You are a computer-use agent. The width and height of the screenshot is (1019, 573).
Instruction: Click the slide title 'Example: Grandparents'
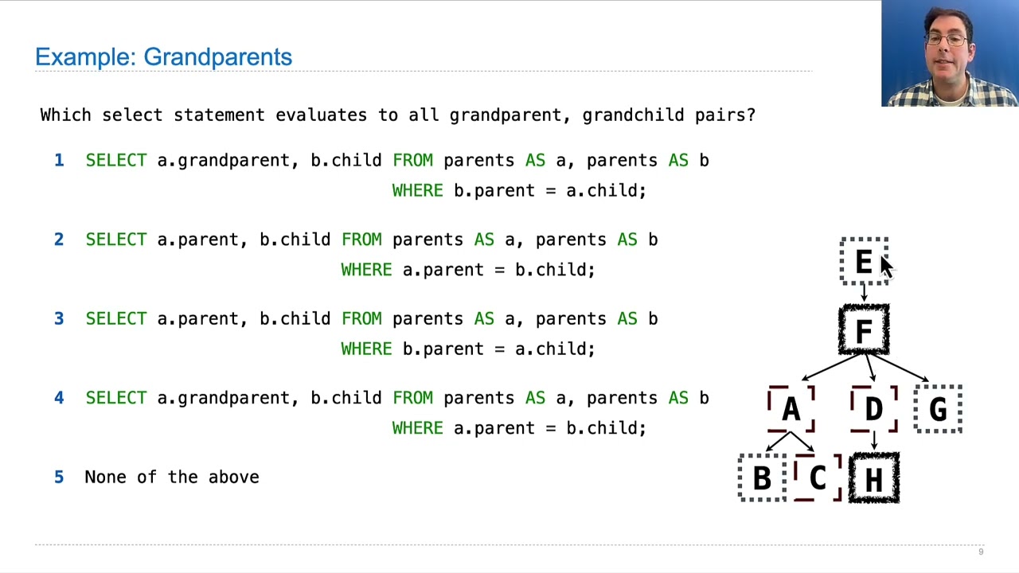[x=163, y=57]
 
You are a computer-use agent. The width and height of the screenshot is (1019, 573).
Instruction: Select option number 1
[x=59, y=161]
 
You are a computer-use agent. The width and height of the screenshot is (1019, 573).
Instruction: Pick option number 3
[x=59, y=319]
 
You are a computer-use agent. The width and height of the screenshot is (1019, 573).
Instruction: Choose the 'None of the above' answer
[x=171, y=477]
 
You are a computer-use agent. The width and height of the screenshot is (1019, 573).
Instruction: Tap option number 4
[x=59, y=398]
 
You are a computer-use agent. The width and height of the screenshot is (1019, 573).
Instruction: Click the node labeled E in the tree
[x=864, y=261]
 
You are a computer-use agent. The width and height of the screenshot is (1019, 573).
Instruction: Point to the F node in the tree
[x=864, y=329]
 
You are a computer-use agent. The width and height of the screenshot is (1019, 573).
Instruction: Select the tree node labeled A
[x=791, y=409]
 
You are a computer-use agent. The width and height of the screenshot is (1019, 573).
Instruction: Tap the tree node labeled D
[x=873, y=409]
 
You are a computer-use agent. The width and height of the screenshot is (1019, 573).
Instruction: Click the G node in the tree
[x=938, y=409]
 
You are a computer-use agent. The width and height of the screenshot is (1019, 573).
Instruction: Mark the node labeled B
[x=762, y=477]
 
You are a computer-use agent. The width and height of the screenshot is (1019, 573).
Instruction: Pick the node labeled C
[x=818, y=477]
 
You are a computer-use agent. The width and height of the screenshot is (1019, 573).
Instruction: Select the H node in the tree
[x=873, y=477]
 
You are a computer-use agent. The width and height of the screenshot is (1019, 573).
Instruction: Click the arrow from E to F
[x=864, y=294]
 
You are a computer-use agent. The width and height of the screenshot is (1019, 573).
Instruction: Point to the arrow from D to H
[x=873, y=442]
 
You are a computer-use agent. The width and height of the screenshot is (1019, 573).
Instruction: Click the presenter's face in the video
[x=947, y=48]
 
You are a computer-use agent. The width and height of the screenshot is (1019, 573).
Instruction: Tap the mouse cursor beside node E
[x=886, y=266]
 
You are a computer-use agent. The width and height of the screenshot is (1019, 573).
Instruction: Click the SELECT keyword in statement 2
[x=115, y=240]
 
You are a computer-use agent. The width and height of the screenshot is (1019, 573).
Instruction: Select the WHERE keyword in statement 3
[x=366, y=349]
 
